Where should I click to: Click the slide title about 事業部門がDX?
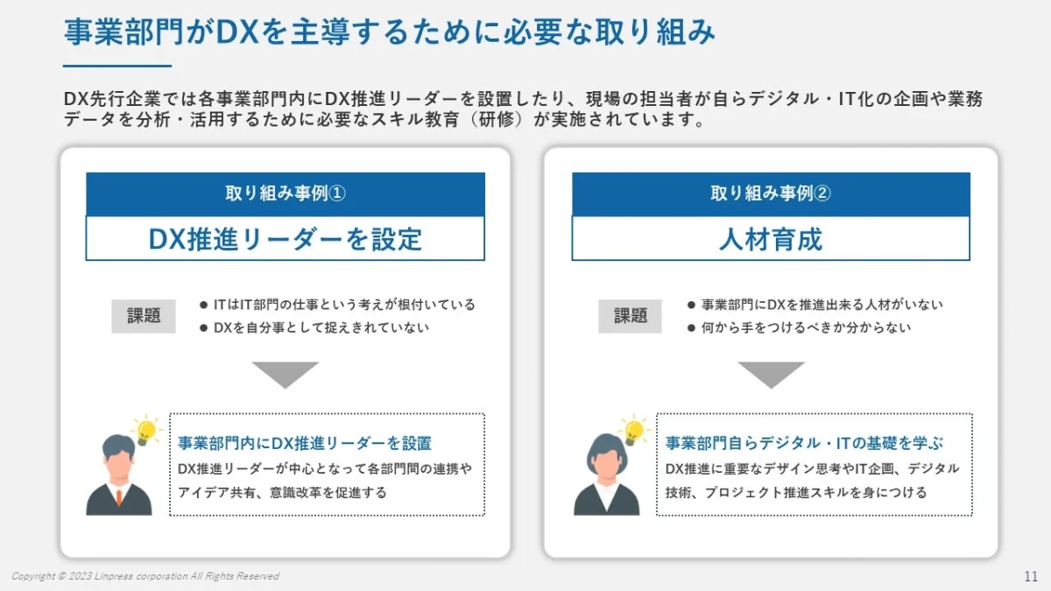[x=389, y=33]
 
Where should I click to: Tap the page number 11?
[x=1030, y=576]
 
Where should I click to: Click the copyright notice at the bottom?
[x=145, y=576]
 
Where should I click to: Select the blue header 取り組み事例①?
[x=285, y=194]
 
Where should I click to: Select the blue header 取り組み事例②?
[x=771, y=194]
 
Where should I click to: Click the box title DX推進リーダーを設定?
[x=285, y=239]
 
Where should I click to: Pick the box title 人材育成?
[x=771, y=239]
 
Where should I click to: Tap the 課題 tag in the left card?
[x=144, y=316]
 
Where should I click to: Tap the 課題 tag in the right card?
[x=630, y=316]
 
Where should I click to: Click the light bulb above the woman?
[x=633, y=430]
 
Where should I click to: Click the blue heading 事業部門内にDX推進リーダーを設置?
[x=305, y=443]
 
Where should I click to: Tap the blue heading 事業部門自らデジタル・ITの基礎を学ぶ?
[x=804, y=443]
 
